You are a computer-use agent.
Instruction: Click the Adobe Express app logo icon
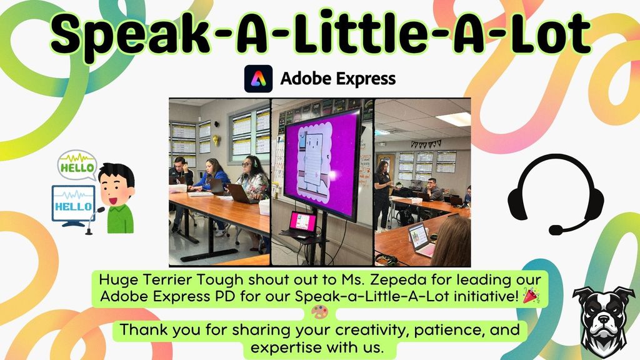(257, 79)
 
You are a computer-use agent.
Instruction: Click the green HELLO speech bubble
(77, 166)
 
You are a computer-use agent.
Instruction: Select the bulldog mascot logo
(604, 321)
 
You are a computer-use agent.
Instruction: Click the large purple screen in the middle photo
(322, 162)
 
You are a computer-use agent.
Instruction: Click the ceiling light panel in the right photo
(454, 118)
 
